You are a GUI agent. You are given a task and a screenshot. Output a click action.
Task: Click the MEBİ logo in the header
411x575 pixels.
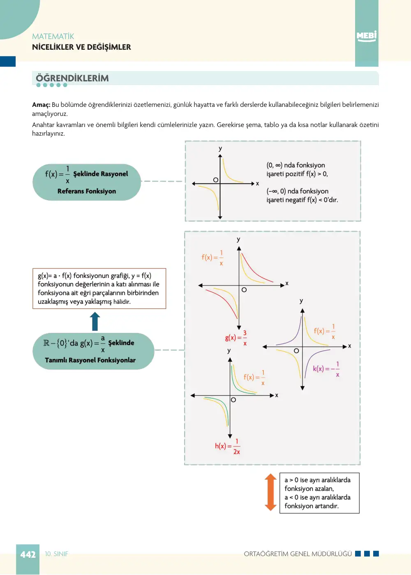[366, 36]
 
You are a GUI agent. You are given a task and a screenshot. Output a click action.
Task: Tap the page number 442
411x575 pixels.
[28, 554]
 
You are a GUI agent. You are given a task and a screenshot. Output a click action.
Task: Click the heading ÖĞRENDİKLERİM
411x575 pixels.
[72, 78]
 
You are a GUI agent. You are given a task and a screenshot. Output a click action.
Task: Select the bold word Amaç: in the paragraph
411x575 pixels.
[41, 105]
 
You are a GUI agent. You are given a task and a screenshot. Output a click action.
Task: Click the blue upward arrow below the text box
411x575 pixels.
[95, 321]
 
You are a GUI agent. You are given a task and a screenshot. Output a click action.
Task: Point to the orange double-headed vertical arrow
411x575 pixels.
[270, 492]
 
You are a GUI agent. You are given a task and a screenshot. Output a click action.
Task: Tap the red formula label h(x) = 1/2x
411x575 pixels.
[227, 446]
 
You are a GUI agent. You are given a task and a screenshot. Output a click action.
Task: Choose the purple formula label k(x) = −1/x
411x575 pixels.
[326, 369]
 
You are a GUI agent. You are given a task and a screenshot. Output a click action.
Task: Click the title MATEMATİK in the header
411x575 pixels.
[53, 37]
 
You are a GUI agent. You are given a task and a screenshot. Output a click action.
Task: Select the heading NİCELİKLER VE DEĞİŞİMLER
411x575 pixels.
[82, 47]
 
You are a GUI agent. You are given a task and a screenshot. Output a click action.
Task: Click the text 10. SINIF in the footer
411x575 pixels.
[56, 554]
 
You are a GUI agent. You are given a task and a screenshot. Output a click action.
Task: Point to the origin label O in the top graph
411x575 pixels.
[216, 180]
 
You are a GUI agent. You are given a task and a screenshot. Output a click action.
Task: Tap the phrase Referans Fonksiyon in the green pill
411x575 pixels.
[87, 191]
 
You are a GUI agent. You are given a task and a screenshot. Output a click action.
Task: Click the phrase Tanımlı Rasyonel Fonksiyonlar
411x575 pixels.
[90, 360]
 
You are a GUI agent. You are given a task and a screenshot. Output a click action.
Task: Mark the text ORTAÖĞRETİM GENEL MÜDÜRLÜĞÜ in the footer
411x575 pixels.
[298, 554]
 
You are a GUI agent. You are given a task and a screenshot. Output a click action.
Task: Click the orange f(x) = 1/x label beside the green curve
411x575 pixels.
[254, 377]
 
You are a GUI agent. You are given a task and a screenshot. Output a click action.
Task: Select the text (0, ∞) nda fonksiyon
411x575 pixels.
[296, 165]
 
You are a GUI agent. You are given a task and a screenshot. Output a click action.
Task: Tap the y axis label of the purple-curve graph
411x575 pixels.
[301, 301]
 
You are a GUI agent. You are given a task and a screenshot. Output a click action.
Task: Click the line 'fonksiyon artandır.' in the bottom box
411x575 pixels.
[312, 506]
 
